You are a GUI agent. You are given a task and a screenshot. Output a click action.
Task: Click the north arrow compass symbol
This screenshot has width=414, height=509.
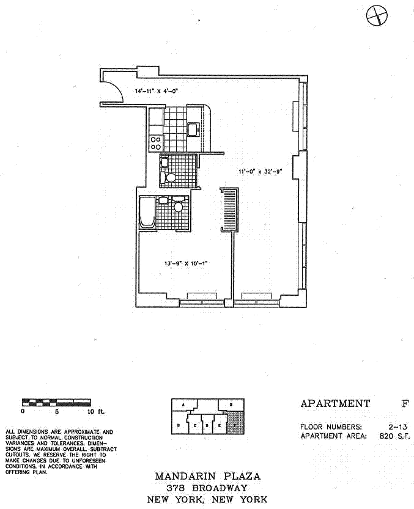click(x=377, y=15)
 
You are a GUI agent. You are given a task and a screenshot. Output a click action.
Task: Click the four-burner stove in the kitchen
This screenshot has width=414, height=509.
click(x=156, y=142)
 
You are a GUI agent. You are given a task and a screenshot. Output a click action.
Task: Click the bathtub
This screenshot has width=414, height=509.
click(x=147, y=212)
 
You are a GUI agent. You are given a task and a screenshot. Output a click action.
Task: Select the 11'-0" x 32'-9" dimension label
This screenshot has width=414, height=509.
click(x=259, y=172)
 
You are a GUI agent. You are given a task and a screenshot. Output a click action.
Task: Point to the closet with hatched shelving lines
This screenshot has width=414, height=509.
click(x=229, y=209)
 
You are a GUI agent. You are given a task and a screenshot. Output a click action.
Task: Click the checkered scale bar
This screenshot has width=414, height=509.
click(x=56, y=401)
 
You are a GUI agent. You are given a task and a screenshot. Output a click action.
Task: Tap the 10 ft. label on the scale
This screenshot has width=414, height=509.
click(x=94, y=411)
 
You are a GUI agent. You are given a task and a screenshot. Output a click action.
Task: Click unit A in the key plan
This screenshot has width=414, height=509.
click(x=183, y=405)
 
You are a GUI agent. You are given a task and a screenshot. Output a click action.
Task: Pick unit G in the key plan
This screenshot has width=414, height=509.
click(x=231, y=405)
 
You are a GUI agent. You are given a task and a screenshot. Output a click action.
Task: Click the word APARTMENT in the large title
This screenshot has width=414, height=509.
click(x=335, y=403)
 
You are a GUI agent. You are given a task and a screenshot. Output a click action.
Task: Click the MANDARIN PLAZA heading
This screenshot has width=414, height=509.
click(x=207, y=476)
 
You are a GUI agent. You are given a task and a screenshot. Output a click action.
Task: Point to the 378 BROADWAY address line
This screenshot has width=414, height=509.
click(x=207, y=488)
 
